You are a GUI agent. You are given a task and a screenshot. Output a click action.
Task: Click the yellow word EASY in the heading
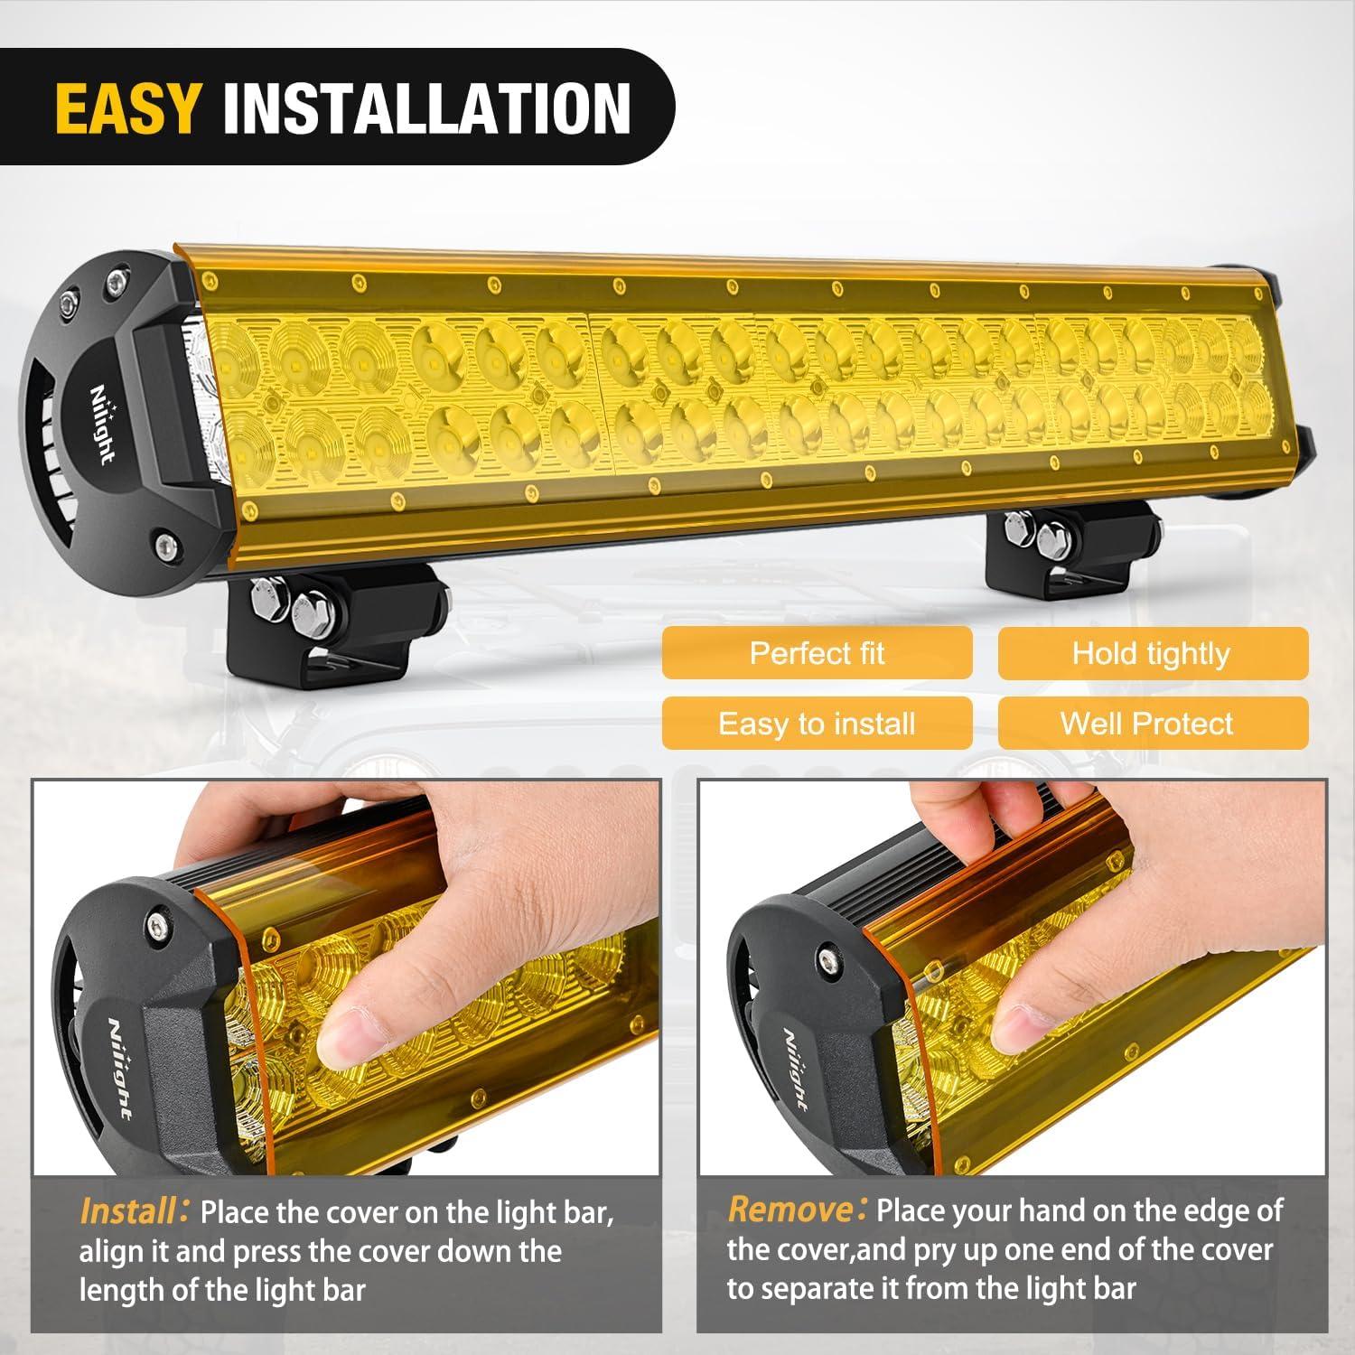pos(126,108)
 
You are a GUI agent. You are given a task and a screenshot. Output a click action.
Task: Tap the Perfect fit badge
pos(817,653)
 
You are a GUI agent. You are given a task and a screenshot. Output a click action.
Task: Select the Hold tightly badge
pos(1152,653)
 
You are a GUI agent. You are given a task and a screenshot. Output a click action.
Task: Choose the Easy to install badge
pos(817,724)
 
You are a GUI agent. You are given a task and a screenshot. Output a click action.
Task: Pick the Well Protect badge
pos(1152,724)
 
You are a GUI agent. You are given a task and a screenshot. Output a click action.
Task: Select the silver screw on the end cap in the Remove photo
pos(827,959)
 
